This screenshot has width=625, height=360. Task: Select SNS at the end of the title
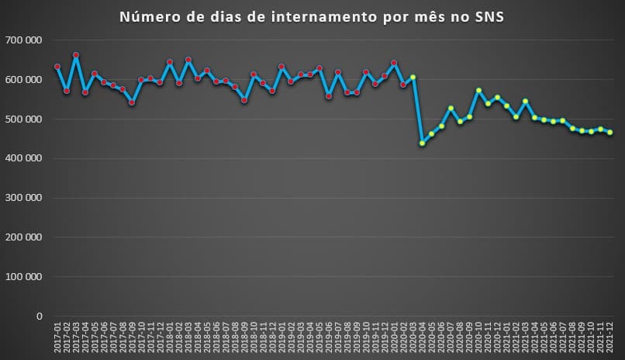click(489, 17)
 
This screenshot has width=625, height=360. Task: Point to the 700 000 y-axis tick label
click(23, 40)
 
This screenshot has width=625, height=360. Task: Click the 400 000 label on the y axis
click(23, 158)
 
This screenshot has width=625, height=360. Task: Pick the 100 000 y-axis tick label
click(23, 276)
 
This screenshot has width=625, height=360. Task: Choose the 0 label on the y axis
click(37, 316)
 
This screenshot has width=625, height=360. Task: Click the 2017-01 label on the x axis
click(57, 339)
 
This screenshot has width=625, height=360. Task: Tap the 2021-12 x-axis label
click(610, 339)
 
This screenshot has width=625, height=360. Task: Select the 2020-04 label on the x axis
click(423, 339)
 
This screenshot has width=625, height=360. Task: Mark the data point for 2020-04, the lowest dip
click(423, 143)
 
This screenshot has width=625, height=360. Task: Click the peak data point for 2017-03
click(76, 55)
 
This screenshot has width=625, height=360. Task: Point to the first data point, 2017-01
click(57, 67)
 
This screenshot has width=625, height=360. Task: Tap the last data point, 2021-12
click(610, 132)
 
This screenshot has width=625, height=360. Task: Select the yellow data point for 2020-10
click(478, 90)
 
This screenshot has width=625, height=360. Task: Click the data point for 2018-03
click(188, 59)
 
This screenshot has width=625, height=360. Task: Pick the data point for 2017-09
click(132, 102)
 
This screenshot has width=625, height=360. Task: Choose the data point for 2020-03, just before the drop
click(413, 77)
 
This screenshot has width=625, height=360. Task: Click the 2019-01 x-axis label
click(281, 339)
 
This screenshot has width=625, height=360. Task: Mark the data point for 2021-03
click(526, 101)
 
